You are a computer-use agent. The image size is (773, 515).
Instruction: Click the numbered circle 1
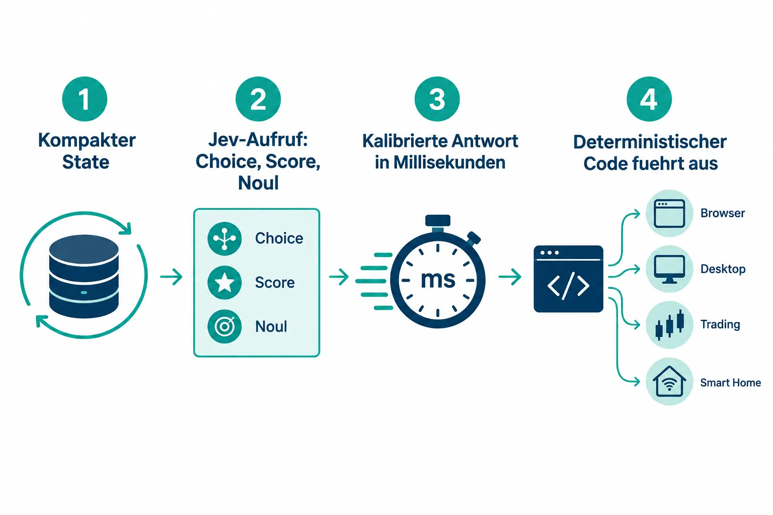(85, 99)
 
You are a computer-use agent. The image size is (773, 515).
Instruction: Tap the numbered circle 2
(258, 99)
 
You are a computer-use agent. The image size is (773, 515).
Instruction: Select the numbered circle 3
(437, 99)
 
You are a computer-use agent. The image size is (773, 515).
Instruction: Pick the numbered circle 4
(649, 99)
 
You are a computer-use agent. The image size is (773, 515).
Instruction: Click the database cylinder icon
(84, 276)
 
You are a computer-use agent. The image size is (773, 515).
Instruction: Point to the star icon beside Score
(224, 283)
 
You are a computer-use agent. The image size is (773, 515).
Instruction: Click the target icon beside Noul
(224, 326)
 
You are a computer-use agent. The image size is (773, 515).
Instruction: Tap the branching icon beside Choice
(224, 238)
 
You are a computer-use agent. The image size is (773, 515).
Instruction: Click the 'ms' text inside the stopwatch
(438, 280)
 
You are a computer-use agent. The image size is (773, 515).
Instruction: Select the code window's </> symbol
(568, 286)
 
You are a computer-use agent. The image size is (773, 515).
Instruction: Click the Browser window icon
(669, 213)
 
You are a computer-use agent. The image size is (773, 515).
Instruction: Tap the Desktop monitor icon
(669, 269)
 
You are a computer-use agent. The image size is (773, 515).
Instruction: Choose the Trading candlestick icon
(669, 324)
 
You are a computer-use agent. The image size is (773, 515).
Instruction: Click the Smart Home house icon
(669, 381)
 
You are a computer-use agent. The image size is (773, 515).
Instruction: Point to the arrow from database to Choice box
(171, 277)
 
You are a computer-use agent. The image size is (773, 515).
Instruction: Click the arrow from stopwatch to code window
(510, 277)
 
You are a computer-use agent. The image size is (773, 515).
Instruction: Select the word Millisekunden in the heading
(449, 162)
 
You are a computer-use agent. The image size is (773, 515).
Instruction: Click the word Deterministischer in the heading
(650, 142)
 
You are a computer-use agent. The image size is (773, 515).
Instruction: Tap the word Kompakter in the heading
(87, 140)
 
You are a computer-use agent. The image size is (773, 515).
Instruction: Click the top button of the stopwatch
(437, 220)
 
